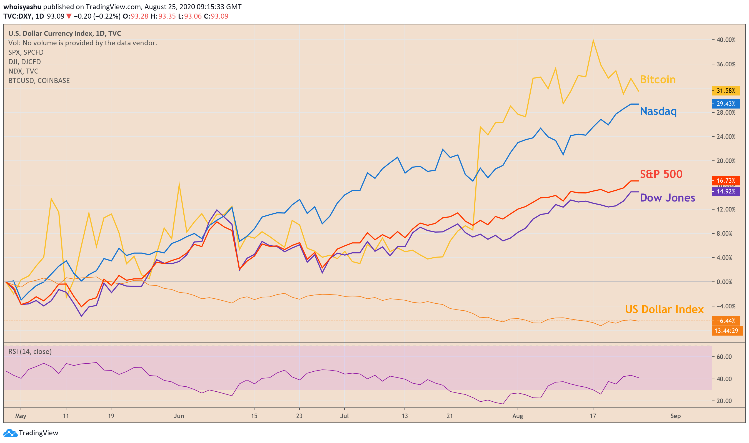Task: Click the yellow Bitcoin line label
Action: pos(658,80)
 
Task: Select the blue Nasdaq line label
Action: pos(658,111)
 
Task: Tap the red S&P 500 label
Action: pos(661,174)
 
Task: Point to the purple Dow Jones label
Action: pos(667,198)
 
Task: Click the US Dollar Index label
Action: pos(664,309)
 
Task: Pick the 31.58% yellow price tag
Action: pos(726,91)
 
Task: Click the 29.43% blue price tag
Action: pos(726,104)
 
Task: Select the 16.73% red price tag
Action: pos(726,181)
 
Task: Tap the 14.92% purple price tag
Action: pos(726,192)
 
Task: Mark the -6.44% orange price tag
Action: pos(726,321)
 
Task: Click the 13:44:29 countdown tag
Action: pos(726,331)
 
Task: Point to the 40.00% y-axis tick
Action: pos(726,40)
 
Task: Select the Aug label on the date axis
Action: pos(518,416)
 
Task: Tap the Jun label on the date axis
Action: pos(179,416)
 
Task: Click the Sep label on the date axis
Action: pos(675,416)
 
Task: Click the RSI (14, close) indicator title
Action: pos(30,352)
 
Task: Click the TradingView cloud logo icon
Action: pos(11,433)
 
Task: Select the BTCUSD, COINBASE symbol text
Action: pos(39,80)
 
